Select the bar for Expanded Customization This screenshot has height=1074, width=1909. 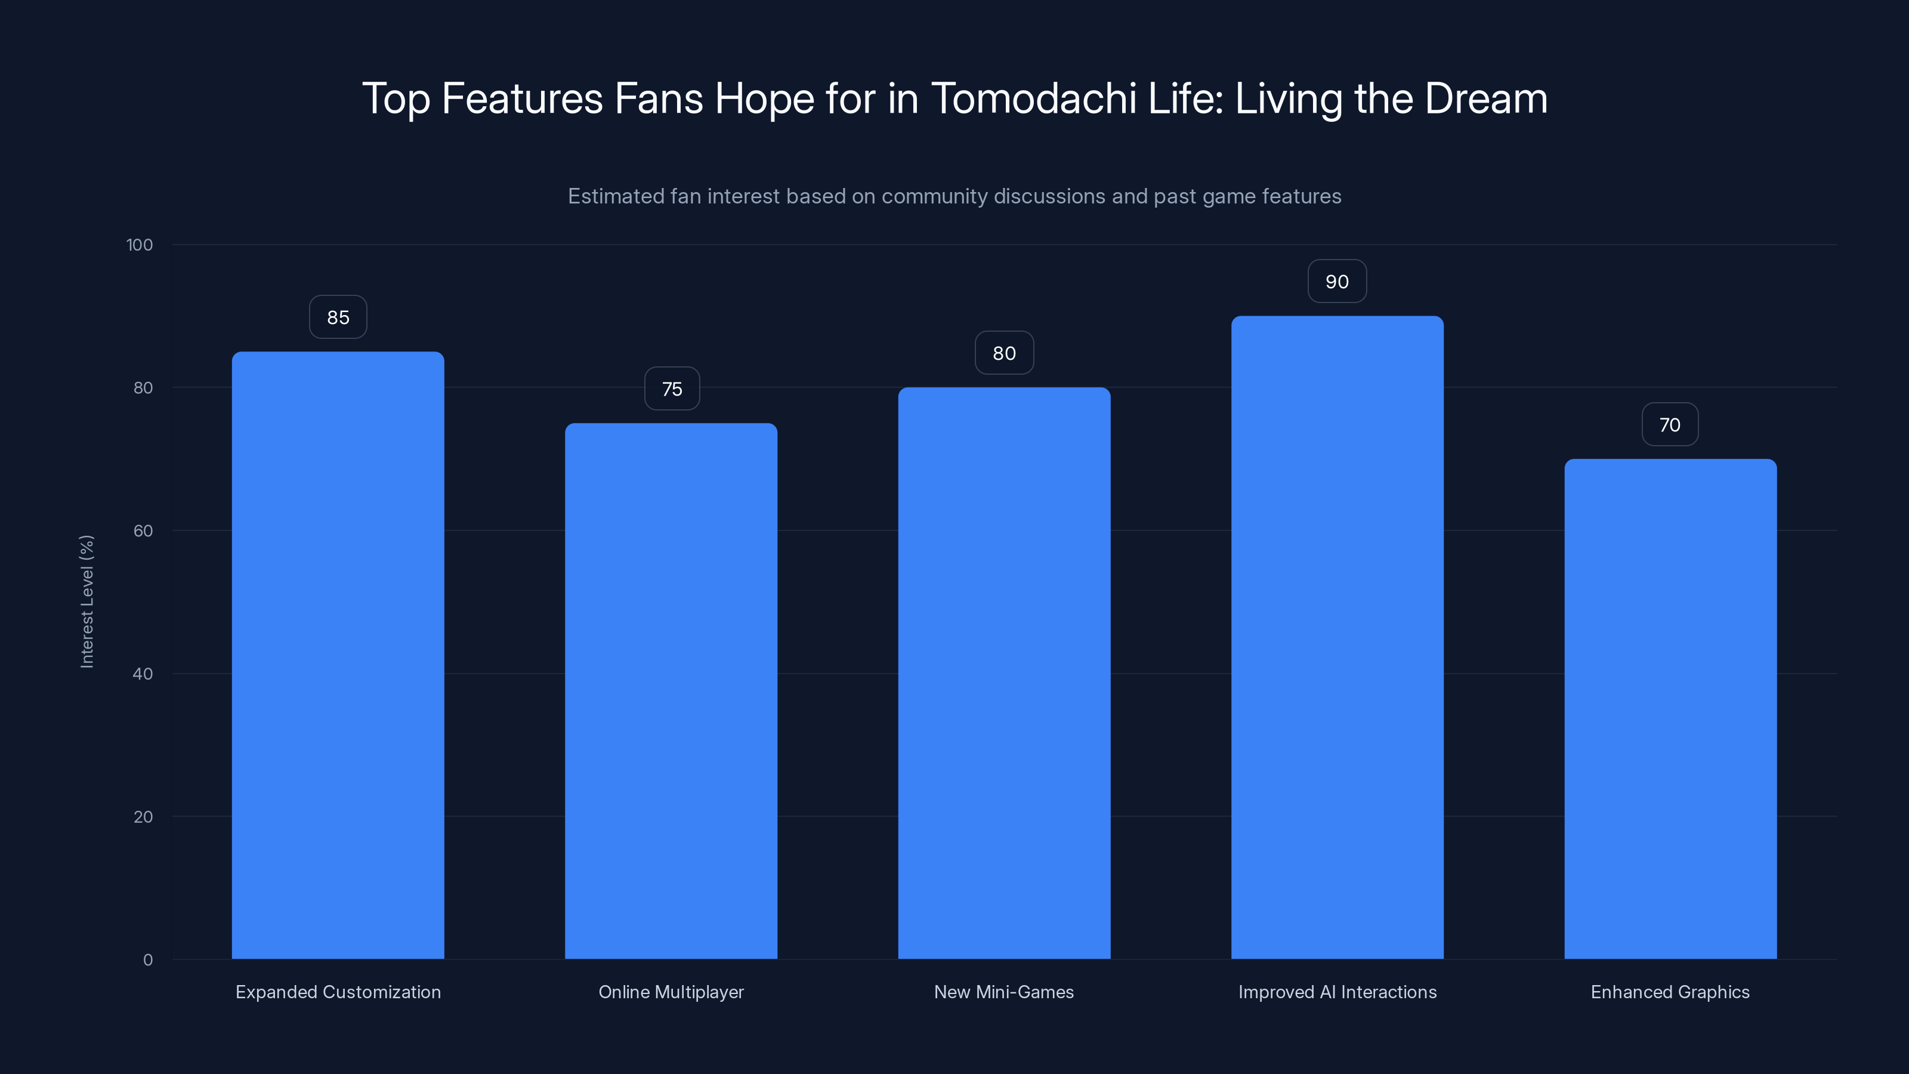(x=338, y=655)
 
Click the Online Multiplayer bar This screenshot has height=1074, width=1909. (x=671, y=691)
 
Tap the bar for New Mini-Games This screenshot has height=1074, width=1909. (x=1004, y=673)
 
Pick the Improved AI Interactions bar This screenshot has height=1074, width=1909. (x=1337, y=637)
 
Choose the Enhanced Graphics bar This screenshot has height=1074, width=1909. (x=1670, y=709)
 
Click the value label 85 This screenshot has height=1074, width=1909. (x=338, y=317)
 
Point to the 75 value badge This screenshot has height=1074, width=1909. (x=671, y=389)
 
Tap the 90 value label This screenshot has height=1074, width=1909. (x=1337, y=282)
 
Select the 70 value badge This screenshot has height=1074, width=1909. (x=1670, y=425)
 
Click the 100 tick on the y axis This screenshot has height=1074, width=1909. (x=140, y=245)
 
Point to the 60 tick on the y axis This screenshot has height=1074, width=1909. (x=143, y=530)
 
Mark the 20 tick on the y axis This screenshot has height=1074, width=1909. (x=143, y=817)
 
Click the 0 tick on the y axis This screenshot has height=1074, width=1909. (x=147, y=960)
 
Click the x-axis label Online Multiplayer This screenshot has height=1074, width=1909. (x=671, y=992)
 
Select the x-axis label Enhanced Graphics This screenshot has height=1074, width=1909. (x=1670, y=992)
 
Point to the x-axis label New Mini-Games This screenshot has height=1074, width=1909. (x=1003, y=992)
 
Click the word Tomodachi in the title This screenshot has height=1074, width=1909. (x=1033, y=98)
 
